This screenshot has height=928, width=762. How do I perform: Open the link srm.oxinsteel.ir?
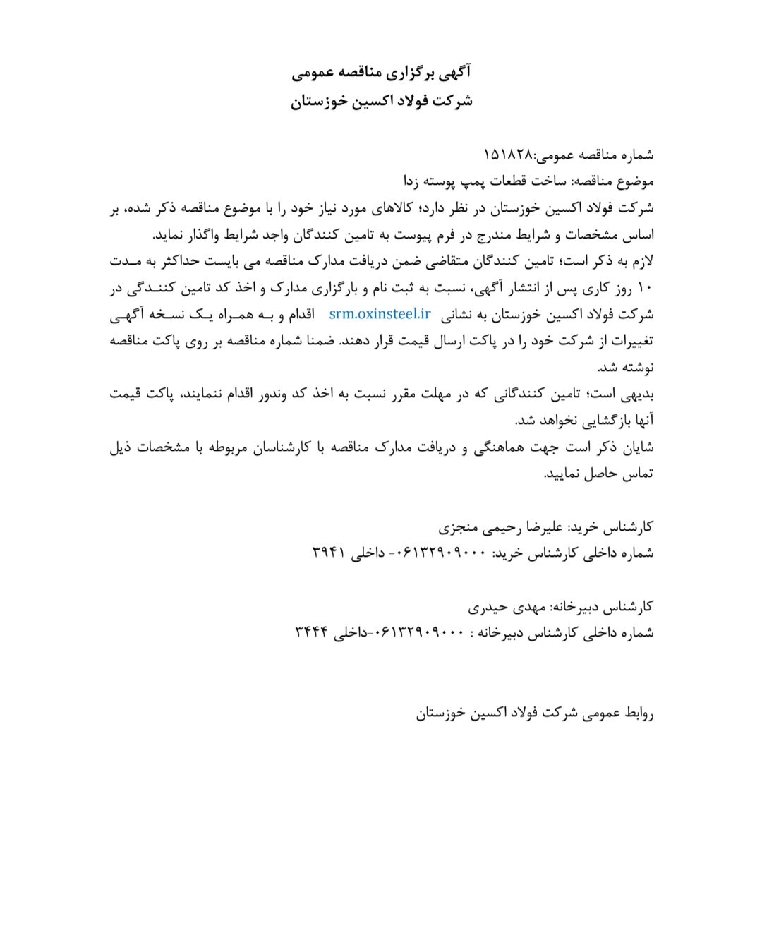point(379,314)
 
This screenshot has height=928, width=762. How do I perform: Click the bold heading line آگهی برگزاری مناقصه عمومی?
point(381,72)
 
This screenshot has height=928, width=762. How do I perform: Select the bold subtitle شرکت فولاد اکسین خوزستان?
point(381,102)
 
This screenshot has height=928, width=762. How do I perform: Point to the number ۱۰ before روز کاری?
point(646,288)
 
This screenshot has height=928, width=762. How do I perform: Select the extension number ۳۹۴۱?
point(328,553)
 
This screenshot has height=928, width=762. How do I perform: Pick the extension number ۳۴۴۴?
point(312,633)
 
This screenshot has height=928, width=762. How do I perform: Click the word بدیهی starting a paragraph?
point(639,394)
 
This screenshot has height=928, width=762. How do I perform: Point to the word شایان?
point(639,447)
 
